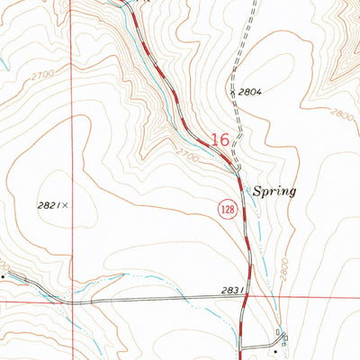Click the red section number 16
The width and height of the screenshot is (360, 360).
click(220, 139)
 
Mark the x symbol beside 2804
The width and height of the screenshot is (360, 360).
click(232, 91)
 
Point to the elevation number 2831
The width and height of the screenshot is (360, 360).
click(231, 291)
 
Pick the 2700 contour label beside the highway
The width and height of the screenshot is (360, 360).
click(189, 154)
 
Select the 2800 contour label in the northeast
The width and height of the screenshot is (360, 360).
click(341, 114)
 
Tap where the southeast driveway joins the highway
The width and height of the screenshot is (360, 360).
click(242, 347)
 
